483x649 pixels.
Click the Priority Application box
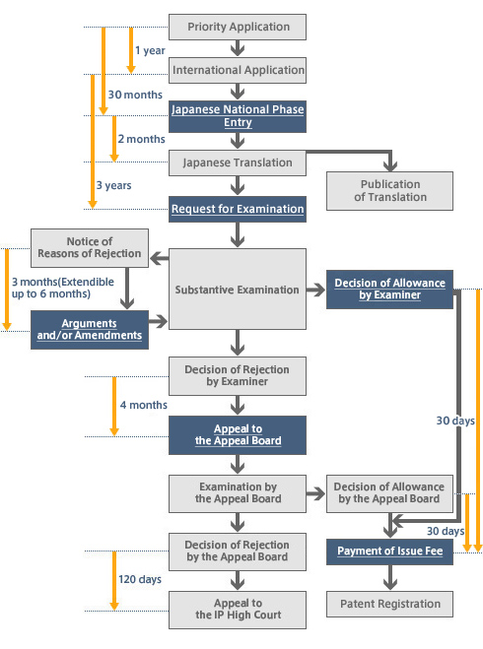click(238, 27)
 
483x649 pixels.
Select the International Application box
click(238, 70)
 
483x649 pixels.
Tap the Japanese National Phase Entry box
click(238, 116)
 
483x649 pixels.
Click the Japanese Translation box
click(238, 162)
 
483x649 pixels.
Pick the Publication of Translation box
click(390, 191)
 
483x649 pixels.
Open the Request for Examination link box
click(238, 209)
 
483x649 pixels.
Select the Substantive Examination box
click(238, 291)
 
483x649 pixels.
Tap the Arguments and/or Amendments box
click(90, 328)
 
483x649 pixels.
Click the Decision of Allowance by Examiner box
click(390, 290)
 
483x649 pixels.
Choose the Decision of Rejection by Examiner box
click(238, 376)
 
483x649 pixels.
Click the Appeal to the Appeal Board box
click(238, 434)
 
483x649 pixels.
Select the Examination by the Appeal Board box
click(238, 492)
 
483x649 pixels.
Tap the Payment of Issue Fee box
click(390, 552)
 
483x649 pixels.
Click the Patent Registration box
click(390, 603)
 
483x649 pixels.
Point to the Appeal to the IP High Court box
click(238, 609)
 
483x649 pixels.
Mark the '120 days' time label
click(140, 579)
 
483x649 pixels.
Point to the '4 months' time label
click(144, 405)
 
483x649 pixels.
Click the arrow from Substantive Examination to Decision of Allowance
click(315, 291)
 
